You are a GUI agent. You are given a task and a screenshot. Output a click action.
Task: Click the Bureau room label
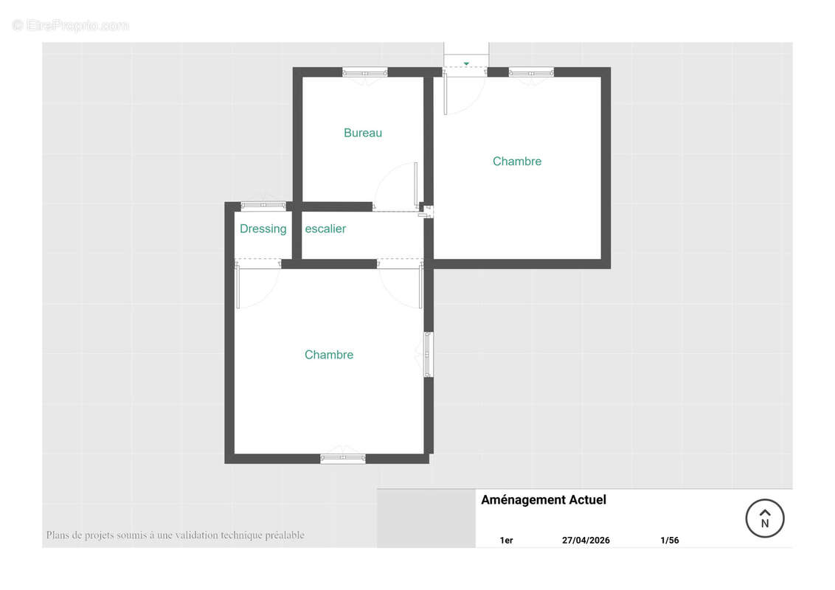pos(363,133)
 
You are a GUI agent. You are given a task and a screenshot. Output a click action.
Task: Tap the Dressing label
pos(263,229)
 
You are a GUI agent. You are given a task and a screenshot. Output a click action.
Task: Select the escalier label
pos(325,229)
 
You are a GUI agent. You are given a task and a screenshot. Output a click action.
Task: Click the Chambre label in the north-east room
pos(517,162)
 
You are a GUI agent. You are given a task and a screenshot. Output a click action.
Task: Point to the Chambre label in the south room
pos(328,355)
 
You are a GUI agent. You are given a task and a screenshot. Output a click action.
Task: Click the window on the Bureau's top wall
pos(365,72)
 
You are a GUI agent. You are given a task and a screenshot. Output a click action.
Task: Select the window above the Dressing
pos(263,206)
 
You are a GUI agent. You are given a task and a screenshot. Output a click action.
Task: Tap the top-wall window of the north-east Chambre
pos(531,72)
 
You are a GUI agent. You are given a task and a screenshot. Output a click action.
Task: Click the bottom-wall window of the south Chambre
pos(343,459)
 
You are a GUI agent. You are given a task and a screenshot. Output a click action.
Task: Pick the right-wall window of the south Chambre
pos(428,355)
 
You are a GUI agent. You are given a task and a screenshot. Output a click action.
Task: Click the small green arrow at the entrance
pos(466,64)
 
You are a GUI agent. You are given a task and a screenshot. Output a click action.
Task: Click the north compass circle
pos(765,518)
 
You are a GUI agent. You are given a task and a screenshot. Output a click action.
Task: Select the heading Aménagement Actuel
pos(544,500)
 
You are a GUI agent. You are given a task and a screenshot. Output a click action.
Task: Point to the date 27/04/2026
pos(586,540)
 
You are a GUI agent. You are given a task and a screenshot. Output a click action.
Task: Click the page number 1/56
pos(669,540)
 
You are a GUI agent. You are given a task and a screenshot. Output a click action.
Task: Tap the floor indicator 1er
pos(507,541)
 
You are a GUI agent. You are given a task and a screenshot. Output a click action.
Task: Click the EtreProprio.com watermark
pos(70,26)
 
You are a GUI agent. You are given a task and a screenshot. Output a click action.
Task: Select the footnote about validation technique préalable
pos(176,535)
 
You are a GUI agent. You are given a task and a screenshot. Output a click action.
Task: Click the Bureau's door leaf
pos(416,184)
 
